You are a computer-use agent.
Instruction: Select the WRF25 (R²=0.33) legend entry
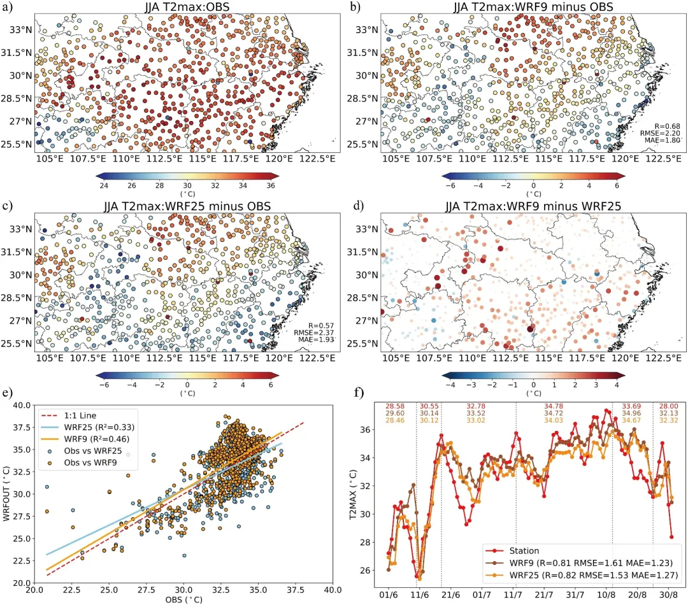104,427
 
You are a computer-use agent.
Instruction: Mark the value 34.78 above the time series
552,406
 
